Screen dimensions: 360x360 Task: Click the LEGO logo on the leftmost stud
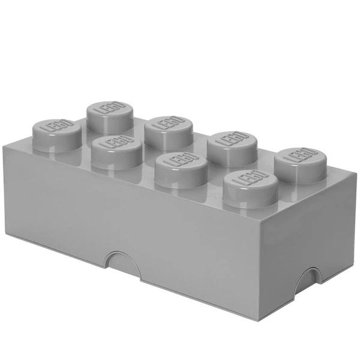(x=53, y=127)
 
